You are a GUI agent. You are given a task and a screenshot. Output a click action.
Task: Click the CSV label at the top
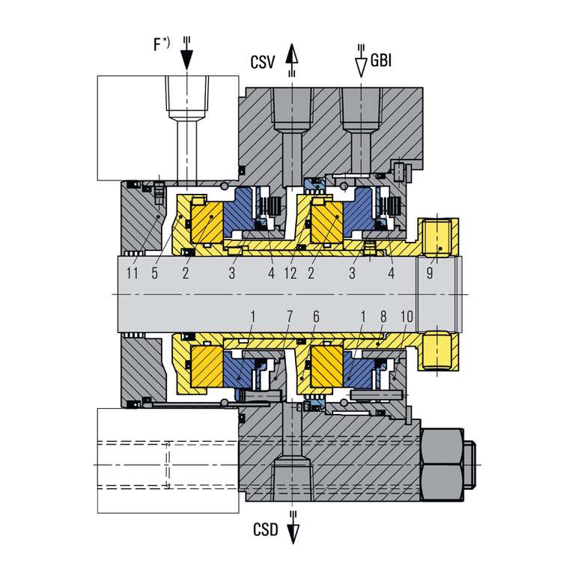point(263,62)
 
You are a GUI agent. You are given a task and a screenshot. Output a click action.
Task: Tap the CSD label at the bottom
point(264,529)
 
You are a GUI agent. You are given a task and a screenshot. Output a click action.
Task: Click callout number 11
point(133,273)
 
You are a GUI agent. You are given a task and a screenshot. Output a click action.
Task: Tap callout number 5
point(154,273)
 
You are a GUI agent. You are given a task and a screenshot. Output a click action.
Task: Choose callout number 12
point(291,273)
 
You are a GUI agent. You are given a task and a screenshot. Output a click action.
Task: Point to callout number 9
point(429,273)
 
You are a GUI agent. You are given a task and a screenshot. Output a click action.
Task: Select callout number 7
point(290,317)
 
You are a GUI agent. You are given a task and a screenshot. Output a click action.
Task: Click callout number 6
point(316,317)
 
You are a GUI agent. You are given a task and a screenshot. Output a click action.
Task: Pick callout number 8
point(384,317)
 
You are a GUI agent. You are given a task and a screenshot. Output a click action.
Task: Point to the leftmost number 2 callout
point(185,273)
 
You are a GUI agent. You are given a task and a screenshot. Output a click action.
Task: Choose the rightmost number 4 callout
point(391,273)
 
